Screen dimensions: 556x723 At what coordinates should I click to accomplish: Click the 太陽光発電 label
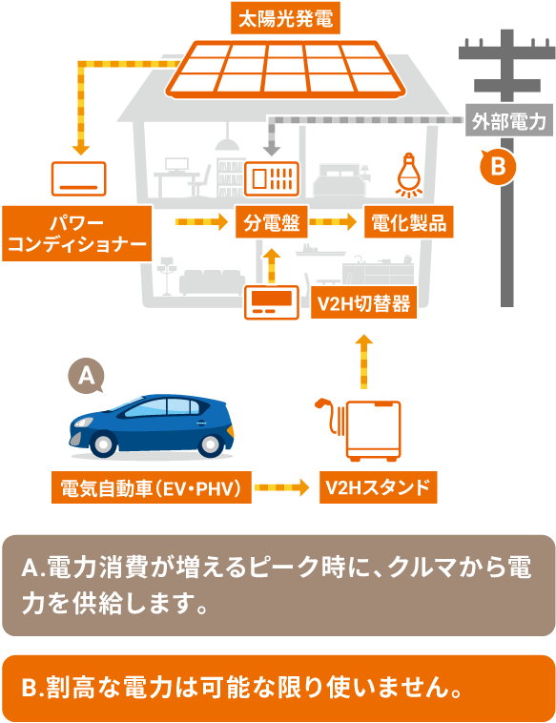[x=285, y=19]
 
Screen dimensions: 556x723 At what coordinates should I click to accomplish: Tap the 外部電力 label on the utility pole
[x=509, y=121]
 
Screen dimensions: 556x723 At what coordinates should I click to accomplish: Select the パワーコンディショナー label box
[x=77, y=234]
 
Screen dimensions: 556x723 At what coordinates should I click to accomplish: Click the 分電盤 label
[x=272, y=222]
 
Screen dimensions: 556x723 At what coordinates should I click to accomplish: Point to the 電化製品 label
[x=409, y=222]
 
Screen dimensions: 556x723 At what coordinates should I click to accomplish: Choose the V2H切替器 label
[x=363, y=303]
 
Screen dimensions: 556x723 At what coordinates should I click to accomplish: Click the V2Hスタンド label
[x=378, y=487]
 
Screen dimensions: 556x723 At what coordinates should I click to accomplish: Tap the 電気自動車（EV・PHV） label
[x=152, y=487]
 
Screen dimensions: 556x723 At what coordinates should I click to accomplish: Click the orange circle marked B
[x=498, y=167]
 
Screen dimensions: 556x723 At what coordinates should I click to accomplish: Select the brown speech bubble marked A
[x=86, y=376]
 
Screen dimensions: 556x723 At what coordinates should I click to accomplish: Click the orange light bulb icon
[x=409, y=175]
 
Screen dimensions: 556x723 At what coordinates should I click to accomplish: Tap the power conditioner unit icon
[x=79, y=178]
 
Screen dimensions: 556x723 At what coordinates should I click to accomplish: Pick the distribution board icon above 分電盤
[x=272, y=178]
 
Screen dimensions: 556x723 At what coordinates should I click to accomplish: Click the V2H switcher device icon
[x=272, y=302]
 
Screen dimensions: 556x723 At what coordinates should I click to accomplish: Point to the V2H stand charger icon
[x=359, y=429]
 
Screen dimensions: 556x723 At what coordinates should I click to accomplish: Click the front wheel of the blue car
[x=103, y=444]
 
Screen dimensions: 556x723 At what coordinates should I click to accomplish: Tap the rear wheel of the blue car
[x=210, y=444]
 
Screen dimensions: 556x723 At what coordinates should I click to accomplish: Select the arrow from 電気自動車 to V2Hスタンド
[x=281, y=487]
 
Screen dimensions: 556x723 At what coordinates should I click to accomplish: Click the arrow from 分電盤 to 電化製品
[x=333, y=222]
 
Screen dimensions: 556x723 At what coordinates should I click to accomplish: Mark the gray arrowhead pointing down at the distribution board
[x=272, y=151]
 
